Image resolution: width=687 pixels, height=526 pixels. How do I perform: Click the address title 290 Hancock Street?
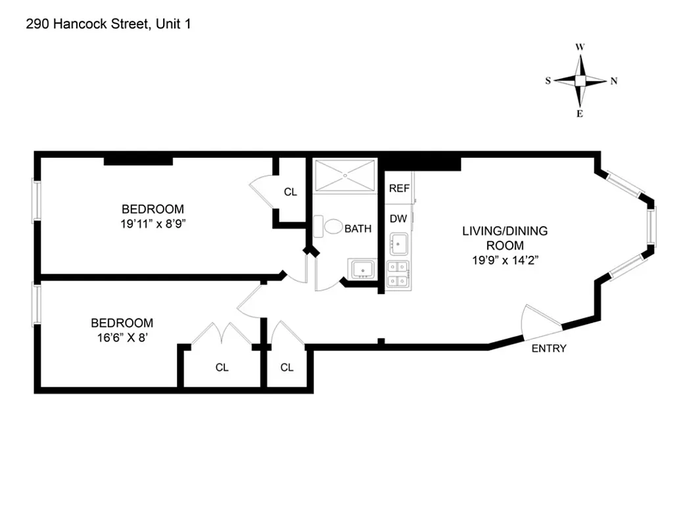(109, 25)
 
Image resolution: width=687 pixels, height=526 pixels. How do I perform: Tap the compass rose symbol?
(580, 81)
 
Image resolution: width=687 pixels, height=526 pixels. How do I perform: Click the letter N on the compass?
(614, 82)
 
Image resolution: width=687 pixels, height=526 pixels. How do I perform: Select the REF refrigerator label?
(399, 188)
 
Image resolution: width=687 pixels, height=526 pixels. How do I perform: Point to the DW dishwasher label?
(398, 218)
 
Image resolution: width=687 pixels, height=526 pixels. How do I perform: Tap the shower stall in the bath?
(344, 176)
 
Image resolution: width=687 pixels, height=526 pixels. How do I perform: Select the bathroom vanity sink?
(362, 270)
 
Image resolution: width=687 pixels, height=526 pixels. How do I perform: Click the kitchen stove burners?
(398, 274)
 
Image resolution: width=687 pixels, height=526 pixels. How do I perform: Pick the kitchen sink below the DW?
(398, 244)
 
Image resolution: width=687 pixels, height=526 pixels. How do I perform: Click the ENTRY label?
(548, 348)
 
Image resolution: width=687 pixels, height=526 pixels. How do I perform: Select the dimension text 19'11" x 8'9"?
(153, 224)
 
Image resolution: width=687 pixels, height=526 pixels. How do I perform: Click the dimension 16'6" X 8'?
(122, 337)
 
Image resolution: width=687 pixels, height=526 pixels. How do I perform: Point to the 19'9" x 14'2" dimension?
(504, 259)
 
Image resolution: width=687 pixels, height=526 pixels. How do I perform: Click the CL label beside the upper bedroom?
(290, 192)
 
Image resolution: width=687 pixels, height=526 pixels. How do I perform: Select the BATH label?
(358, 229)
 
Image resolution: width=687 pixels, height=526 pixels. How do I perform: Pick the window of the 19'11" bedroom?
(37, 201)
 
